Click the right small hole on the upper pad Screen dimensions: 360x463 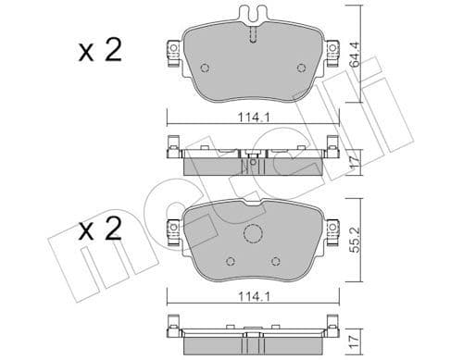point(299,68)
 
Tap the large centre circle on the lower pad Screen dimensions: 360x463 point(254,235)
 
